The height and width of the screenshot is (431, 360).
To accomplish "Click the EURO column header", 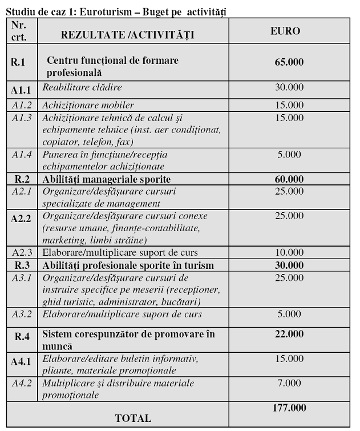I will pyautogui.click(x=285, y=31).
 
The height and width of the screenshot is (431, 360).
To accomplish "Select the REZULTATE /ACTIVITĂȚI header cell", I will pyautogui.click(x=127, y=35).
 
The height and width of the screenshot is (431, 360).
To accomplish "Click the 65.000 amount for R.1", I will pyautogui.click(x=289, y=62).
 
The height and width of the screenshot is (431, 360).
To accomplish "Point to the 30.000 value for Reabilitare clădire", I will pyautogui.click(x=289, y=87).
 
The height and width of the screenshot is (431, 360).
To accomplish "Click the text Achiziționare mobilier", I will pyautogui.click(x=88, y=105).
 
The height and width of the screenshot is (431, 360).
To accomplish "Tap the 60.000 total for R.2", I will pyautogui.click(x=289, y=179).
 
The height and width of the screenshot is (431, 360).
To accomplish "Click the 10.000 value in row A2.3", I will pyautogui.click(x=289, y=252).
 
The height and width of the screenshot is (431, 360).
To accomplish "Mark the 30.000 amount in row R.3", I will pyautogui.click(x=289, y=265).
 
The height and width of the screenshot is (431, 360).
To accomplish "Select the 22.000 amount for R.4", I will pyautogui.click(x=289, y=333).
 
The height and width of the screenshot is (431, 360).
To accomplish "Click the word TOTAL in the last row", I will pyautogui.click(x=133, y=418).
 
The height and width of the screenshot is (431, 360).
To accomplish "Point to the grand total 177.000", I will pyautogui.click(x=289, y=408).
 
